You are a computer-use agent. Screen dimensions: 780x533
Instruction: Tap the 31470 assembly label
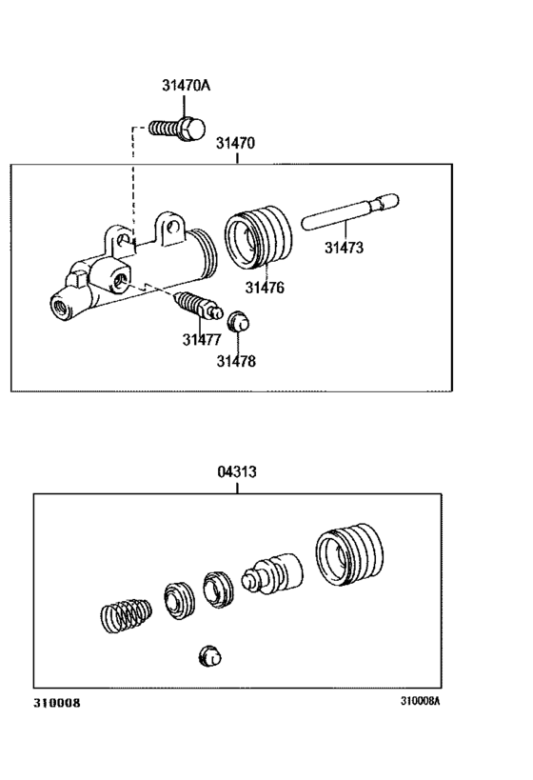(x=235, y=144)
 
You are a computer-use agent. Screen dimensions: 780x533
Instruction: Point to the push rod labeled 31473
(x=350, y=212)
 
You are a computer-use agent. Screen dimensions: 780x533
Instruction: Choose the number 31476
(x=265, y=287)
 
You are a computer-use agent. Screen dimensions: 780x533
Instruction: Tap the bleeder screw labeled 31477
(x=194, y=308)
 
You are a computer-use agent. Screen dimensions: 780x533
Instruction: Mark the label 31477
(x=202, y=339)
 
